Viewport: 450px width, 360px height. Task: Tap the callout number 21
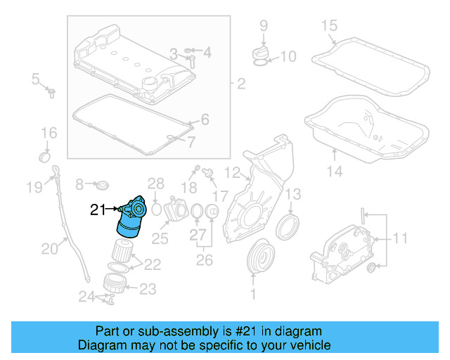(x=98, y=209)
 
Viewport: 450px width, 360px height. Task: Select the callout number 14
(x=334, y=171)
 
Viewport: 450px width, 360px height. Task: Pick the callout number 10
(x=288, y=56)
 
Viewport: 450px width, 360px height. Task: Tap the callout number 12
(x=232, y=171)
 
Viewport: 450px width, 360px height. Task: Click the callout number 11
(x=399, y=239)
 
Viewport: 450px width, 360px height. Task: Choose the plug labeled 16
(x=45, y=153)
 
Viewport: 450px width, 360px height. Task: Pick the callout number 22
(x=153, y=264)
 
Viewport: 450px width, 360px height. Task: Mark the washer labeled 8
(x=102, y=184)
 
